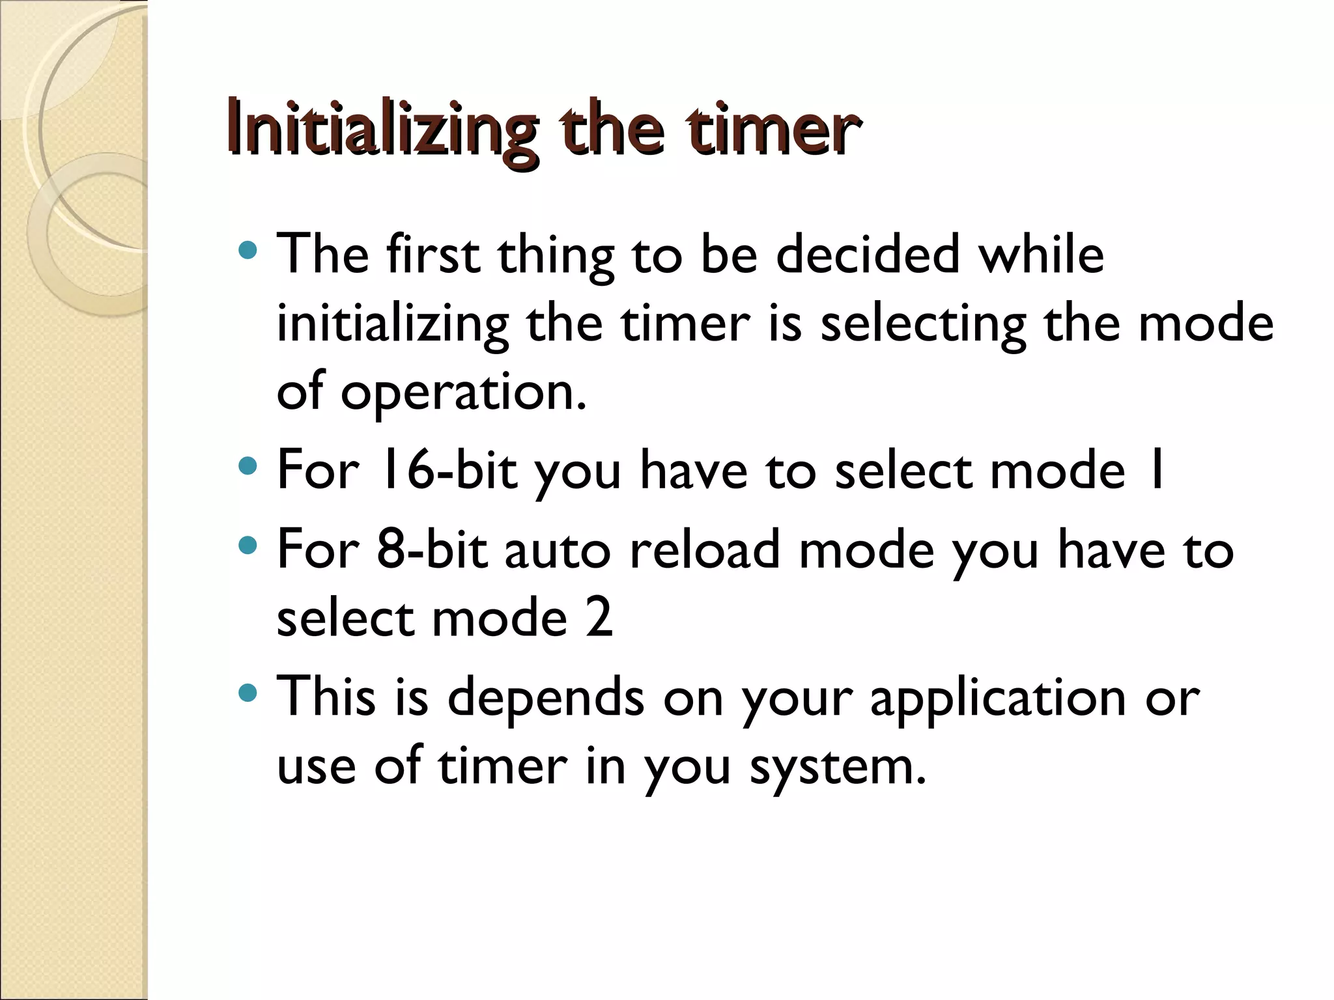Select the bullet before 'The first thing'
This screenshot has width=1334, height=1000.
tap(248, 250)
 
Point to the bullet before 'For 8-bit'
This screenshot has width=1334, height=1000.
tap(248, 546)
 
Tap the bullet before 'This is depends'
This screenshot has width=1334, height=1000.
tap(248, 693)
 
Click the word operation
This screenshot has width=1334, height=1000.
tap(463, 394)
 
